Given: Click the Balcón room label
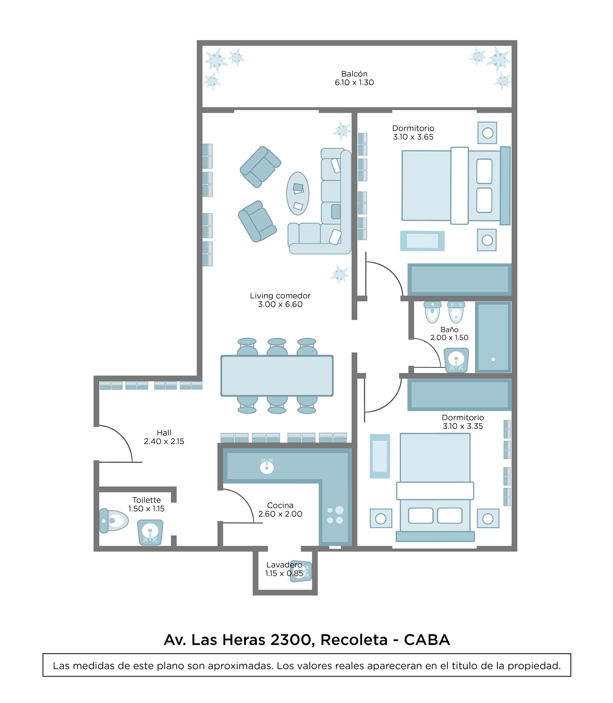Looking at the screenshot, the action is (x=354, y=74).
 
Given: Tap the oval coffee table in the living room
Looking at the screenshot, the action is (x=298, y=193).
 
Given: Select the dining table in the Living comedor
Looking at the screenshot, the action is (x=277, y=376).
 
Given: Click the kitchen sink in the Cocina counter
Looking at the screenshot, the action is (x=267, y=466).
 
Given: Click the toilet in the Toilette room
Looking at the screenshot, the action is (x=114, y=521).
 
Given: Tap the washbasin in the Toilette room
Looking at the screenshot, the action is (x=150, y=532).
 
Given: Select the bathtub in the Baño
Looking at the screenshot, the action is (x=493, y=337).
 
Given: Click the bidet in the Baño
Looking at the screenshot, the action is (x=456, y=312).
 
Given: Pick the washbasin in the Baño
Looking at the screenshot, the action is (x=456, y=360).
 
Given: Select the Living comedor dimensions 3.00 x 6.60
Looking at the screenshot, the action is (x=280, y=304).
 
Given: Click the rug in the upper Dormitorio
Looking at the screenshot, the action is (x=422, y=241).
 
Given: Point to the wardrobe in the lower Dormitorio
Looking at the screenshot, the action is (x=459, y=395).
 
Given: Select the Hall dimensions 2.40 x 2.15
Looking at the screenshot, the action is (x=164, y=441).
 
